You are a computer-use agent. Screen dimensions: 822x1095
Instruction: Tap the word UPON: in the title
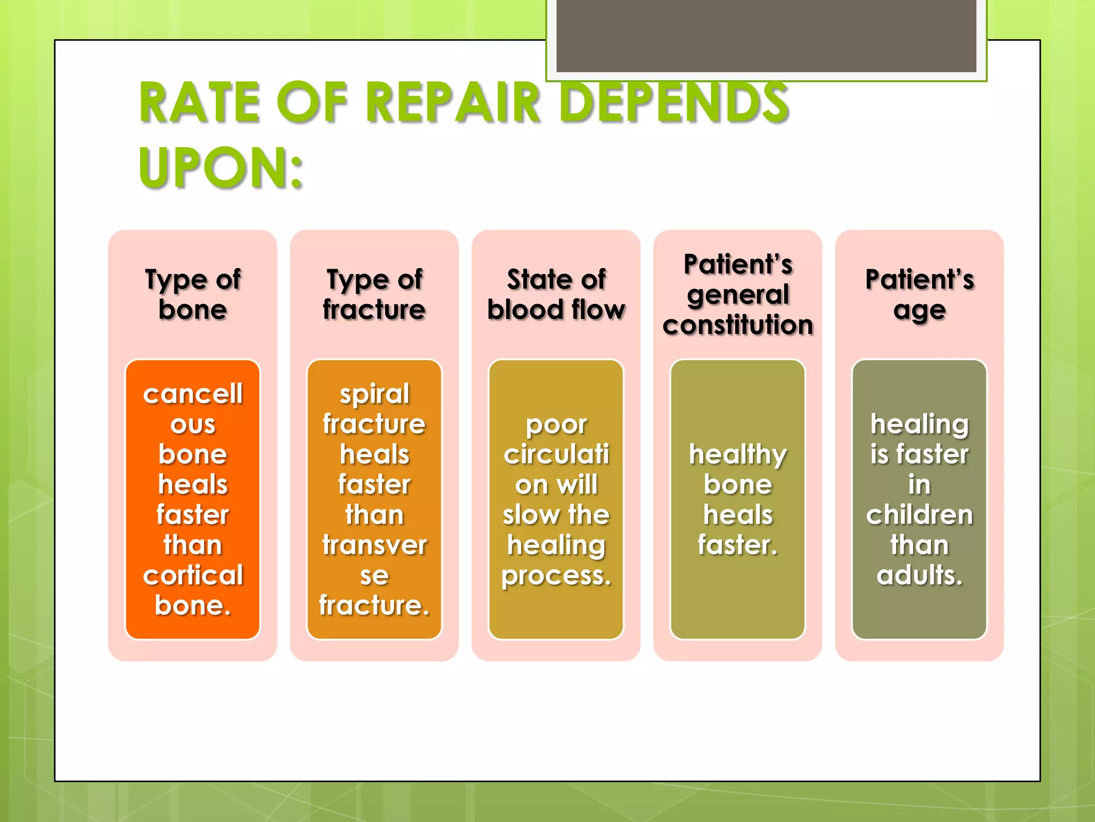pyautogui.click(x=221, y=168)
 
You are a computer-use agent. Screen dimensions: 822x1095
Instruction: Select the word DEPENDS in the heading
pyautogui.click(x=675, y=103)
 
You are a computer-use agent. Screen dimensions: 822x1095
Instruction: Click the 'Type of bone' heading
pyautogui.click(x=192, y=294)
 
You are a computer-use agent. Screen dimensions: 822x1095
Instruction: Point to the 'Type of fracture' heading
pyautogui.click(x=374, y=294)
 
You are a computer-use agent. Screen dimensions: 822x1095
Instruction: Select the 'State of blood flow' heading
pyautogui.click(x=556, y=294)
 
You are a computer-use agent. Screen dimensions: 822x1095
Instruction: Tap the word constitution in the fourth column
pyautogui.click(x=738, y=325)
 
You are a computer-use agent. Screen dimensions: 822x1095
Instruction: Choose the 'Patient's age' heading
pyautogui.click(x=920, y=294)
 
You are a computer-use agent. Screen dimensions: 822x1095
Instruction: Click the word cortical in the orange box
pyautogui.click(x=192, y=575)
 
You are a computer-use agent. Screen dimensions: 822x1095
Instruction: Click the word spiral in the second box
pyautogui.click(x=374, y=394)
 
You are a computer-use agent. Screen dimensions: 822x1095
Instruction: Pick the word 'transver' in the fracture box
pyautogui.click(x=374, y=545)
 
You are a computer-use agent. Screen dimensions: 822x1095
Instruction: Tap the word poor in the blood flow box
pyautogui.click(x=556, y=425)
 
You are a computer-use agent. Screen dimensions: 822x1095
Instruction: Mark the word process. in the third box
pyautogui.click(x=556, y=576)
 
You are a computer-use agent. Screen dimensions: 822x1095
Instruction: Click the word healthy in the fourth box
pyautogui.click(x=738, y=455)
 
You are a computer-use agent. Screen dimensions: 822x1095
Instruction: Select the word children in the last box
pyautogui.click(x=920, y=515)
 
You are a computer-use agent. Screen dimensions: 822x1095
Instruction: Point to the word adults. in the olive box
pyautogui.click(x=920, y=575)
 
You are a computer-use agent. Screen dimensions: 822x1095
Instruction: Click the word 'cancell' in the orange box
pyautogui.click(x=192, y=394)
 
